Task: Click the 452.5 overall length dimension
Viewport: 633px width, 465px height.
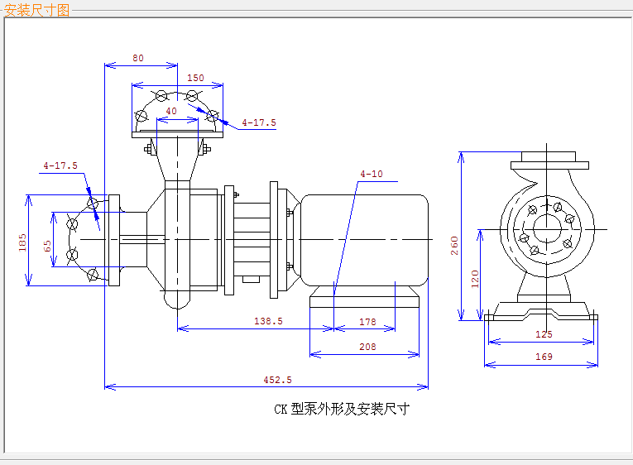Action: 277,380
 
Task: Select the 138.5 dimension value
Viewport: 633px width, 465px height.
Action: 268,321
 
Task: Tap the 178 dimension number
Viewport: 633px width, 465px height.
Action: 367,322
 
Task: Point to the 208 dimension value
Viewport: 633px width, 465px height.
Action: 367,347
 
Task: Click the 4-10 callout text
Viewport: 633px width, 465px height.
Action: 372,174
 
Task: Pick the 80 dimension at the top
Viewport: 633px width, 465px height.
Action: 138,58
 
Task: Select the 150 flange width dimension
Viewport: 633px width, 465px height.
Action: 195,78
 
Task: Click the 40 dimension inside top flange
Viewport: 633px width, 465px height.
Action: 171,111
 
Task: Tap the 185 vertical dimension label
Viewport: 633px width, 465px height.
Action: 22,242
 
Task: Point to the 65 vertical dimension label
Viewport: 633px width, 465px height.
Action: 47,246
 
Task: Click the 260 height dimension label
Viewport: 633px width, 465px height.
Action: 454,246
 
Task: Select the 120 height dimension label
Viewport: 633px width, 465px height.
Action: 475,279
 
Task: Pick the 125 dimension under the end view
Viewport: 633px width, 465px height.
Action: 544,334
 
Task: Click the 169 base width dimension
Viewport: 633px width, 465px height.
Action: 544,357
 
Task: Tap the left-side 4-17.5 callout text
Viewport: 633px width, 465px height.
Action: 60,165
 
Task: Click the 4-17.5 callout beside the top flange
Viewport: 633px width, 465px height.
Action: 259,122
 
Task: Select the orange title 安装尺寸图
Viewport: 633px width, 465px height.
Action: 36,10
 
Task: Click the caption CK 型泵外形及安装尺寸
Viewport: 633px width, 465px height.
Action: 342,409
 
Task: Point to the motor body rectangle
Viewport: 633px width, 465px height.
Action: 365,240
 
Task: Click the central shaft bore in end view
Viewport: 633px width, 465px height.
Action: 547,229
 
